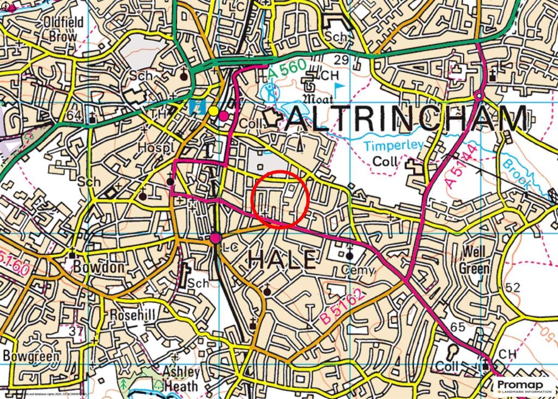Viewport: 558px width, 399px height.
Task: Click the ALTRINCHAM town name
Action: coord(406,118)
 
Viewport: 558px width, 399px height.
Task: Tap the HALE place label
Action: coord(281,259)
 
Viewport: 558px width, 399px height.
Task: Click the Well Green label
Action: coord(475,260)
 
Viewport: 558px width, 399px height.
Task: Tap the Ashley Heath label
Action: coord(181,378)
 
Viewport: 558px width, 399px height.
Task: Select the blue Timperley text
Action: coord(386,146)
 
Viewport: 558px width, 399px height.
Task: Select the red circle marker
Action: coord(281,199)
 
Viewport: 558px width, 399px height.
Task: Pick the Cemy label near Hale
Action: coord(359,270)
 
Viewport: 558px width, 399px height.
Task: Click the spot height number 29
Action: coord(342,59)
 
